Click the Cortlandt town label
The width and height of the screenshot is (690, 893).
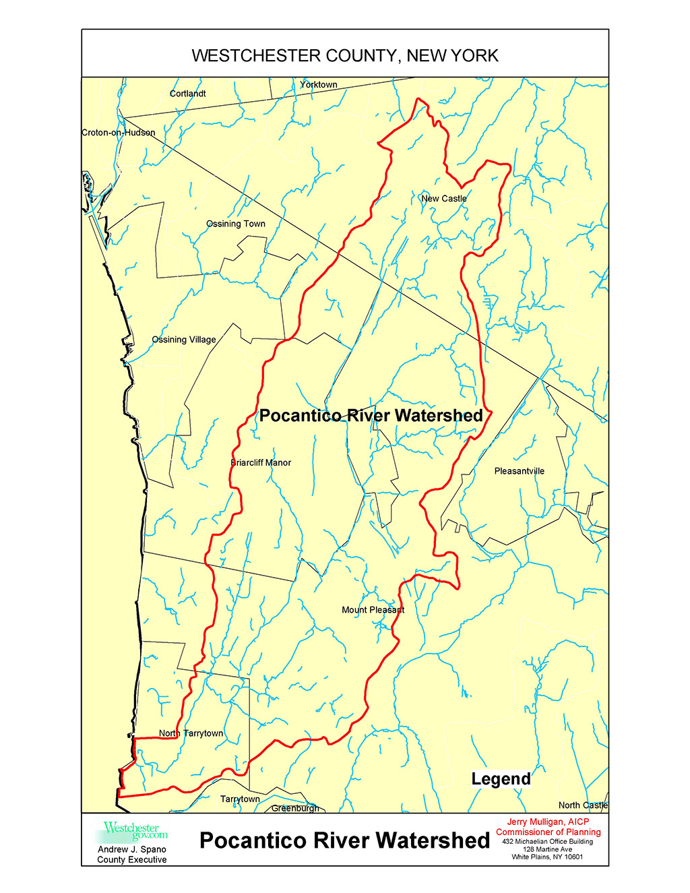(187, 94)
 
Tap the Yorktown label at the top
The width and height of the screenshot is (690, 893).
(318, 85)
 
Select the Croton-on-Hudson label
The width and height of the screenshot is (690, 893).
(119, 133)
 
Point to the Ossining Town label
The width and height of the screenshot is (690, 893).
(235, 224)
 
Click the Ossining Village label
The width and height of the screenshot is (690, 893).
(184, 340)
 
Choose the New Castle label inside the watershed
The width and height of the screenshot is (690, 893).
(443, 199)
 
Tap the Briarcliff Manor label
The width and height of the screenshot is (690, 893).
(261, 463)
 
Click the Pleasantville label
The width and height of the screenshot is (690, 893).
(519, 471)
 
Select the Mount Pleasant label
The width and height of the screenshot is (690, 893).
(373, 610)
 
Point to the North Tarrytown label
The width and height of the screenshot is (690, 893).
(191, 733)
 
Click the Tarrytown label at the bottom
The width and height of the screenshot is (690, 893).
(240, 799)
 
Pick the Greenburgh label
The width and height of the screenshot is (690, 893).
(295, 808)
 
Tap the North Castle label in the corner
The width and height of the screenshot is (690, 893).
(583, 805)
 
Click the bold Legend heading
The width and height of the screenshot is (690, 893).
(501, 779)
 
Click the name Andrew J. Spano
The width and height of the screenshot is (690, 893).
(132, 849)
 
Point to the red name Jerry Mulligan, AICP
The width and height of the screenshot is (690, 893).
(548, 822)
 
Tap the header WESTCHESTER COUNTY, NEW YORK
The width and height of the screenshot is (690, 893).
(345, 55)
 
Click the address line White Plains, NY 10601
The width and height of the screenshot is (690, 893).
(547, 857)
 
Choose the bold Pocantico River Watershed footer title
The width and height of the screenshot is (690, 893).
(344, 840)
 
